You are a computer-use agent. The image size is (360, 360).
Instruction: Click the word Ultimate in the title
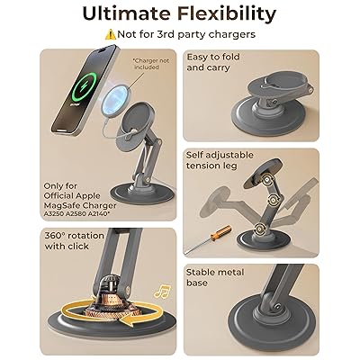pyautogui.click(x=127, y=13)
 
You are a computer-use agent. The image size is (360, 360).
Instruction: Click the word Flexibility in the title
pyautogui.click(x=227, y=14)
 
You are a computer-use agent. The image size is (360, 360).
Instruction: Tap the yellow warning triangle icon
pyautogui.click(x=111, y=34)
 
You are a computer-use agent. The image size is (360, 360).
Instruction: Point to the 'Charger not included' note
pyautogui.click(x=151, y=64)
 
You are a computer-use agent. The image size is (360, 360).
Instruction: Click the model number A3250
pyautogui.click(x=53, y=214)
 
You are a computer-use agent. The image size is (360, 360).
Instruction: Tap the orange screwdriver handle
pyautogui.click(x=221, y=233)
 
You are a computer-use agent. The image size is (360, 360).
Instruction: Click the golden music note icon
pyautogui.click(x=163, y=291)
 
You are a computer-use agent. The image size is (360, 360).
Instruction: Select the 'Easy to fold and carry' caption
pyautogui.click(x=213, y=62)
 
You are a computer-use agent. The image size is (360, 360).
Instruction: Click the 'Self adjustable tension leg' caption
pyautogui.click(x=220, y=160)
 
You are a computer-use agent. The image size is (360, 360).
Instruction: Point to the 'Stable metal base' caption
pyautogui.click(x=215, y=277)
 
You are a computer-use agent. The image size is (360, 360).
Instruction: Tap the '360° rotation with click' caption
pyautogui.click(x=74, y=241)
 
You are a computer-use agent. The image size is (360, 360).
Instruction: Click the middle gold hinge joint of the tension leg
pyautogui.click(x=274, y=200)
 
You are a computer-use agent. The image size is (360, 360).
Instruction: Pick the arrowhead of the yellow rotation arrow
pyautogui.click(x=125, y=321)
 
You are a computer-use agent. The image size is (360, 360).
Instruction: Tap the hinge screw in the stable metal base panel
pyautogui.click(x=277, y=307)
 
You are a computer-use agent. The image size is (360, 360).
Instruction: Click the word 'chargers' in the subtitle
pyautogui.click(x=232, y=34)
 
